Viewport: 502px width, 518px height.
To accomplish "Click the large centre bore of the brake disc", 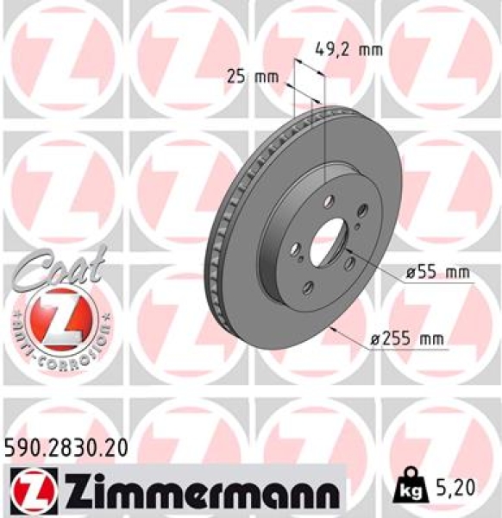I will coord(325,243).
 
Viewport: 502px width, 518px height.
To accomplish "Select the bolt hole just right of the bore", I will coord(352,266).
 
